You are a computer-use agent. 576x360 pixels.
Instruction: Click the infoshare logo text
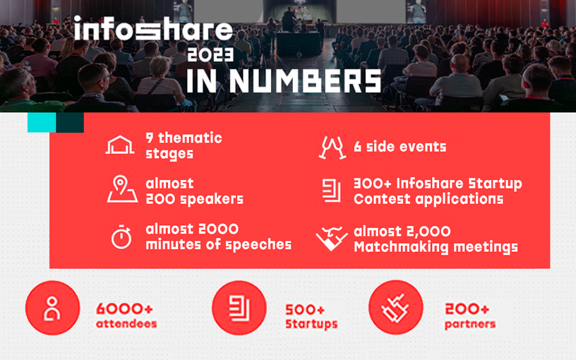tap(153, 28)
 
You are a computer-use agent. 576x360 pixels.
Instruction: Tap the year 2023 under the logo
tap(210, 55)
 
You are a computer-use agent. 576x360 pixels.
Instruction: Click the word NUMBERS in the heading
tap(305, 80)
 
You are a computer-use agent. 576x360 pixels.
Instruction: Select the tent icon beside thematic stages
tap(120, 145)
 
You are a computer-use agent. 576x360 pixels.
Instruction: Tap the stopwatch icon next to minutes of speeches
tap(121, 237)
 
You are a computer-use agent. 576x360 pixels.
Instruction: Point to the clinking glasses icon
tap(332, 148)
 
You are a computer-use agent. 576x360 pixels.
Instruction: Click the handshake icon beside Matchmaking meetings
tap(332, 239)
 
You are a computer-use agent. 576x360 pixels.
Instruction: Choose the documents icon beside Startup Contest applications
tap(331, 191)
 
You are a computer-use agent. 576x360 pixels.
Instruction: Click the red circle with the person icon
tap(52, 308)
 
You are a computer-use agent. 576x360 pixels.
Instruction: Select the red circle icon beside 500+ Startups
tap(239, 308)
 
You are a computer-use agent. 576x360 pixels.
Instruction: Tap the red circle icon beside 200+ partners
tap(396, 308)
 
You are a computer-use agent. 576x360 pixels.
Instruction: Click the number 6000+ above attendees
tap(124, 309)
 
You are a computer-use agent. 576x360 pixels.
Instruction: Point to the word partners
tap(470, 325)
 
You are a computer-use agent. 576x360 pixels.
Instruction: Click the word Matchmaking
tap(401, 247)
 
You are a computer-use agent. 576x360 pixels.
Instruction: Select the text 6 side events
tap(400, 147)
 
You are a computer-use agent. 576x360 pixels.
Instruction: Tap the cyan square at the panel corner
tap(42, 122)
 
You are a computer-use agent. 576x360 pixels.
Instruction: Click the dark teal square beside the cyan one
tap(70, 122)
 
